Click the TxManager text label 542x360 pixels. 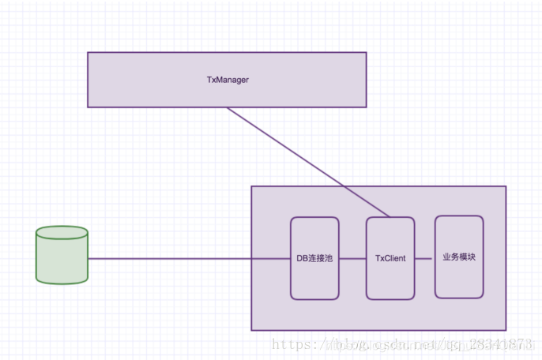227,80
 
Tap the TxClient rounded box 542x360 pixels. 390,276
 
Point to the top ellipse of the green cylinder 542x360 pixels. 62,233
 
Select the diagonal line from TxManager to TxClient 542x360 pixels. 308,162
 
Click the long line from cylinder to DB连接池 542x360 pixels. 190,258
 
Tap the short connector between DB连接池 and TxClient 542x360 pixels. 352,258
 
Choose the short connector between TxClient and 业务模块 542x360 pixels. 425,258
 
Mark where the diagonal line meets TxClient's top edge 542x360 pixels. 390,217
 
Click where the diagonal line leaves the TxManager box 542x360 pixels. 228,107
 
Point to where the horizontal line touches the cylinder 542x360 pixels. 88,258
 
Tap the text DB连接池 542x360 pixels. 314,258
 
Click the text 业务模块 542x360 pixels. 458,257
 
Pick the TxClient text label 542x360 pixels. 390,258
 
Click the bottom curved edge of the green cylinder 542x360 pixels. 62,282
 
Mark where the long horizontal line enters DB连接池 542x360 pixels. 291,258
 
